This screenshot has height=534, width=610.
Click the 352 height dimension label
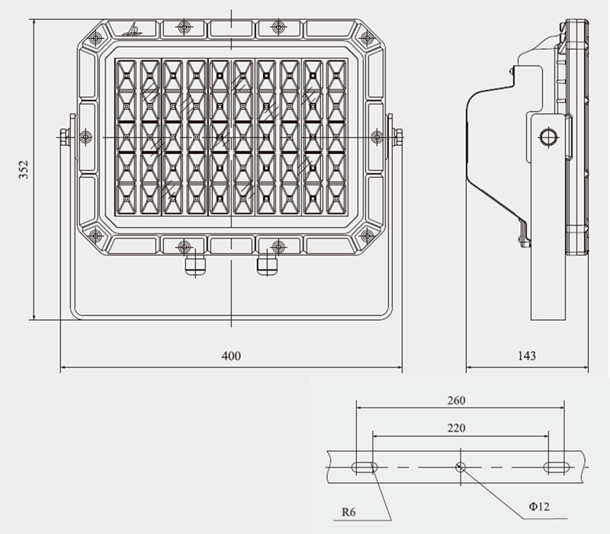point(23,169)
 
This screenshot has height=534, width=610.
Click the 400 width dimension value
point(231,355)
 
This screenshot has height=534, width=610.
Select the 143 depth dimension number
point(526,355)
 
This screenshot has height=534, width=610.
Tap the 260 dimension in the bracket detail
point(457,400)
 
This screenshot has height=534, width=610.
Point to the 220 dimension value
point(457,429)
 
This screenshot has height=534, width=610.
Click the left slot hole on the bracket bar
point(364,467)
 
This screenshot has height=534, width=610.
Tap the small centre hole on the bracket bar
point(460,467)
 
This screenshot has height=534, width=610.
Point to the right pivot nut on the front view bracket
point(397,137)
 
